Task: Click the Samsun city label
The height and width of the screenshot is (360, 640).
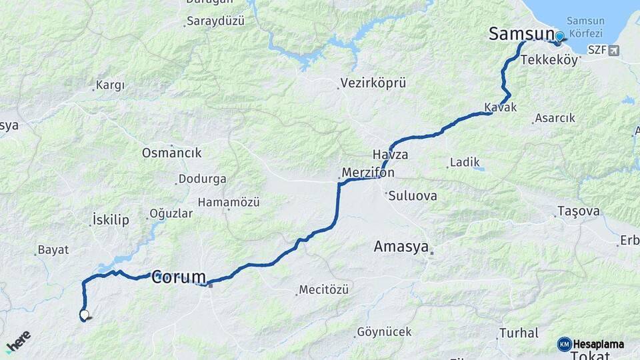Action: (x=521, y=34)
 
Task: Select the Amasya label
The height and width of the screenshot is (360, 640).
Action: (x=401, y=247)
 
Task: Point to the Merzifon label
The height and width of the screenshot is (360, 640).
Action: (x=367, y=173)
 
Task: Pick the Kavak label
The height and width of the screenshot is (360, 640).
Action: (x=501, y=107)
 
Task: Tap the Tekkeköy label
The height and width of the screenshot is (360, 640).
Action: (x=549, y=60)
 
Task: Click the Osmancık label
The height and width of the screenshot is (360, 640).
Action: (x=171, y=153)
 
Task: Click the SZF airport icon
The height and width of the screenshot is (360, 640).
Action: (x=613, y=50)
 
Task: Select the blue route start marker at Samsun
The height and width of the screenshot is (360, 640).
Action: (x=559, y=37)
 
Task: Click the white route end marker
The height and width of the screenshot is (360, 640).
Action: (x=84, y=314)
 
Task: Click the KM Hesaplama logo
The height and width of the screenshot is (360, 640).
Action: (x=591, y=344)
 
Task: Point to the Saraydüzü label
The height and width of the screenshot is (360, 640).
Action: (x=215, y=21)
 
